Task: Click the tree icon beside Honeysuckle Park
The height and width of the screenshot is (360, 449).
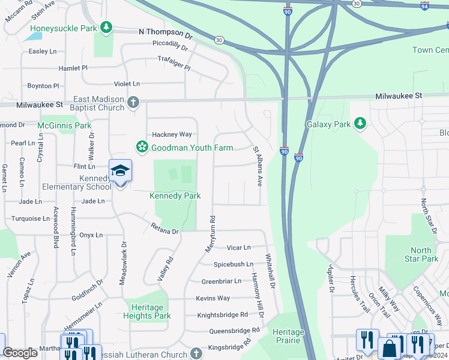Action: point(106,27)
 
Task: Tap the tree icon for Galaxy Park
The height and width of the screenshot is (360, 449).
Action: point(360,124)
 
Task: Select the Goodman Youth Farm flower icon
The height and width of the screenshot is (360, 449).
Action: point(142,147)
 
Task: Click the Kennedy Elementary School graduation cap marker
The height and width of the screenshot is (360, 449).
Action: point(120,171)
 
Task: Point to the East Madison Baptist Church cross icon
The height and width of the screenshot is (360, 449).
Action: point(133,103)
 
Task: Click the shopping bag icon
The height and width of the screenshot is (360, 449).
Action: point(390,349)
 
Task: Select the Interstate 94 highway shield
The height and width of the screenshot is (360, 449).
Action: point(425,6)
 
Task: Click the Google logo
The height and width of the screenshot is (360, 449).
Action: point(20,353)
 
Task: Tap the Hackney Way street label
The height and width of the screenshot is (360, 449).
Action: point(172,134)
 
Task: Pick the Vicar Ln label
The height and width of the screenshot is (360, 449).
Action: point(238,247)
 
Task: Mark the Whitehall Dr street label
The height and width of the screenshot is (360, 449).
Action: point(270,273)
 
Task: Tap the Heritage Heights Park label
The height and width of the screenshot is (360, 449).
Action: point(147,311)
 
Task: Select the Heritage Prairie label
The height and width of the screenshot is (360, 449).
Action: point(288,336)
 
